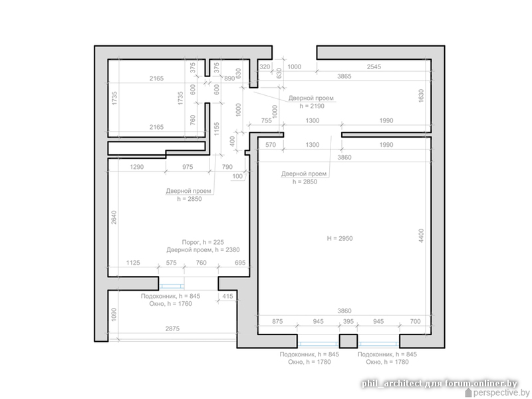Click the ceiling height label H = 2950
pyautogui.click(x=340, y=239)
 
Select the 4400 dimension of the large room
pyautogui.click(x=421, y=235)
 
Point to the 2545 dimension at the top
pyautogui.click(x=374, y=67)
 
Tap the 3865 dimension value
pyautogui.click(x=344, y=76)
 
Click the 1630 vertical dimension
pyautogui.click(x=421, y=96)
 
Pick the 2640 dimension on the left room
pyautogui.click(x=114, y=217)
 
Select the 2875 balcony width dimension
pyautogui.click(x=172, y=329)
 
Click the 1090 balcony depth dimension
pyautogui.click(x=114, y=315)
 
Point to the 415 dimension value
pyautogui.click(x=227, y=296)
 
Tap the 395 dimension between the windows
pyautogui.click(x=348, y=321)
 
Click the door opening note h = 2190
pyautogui.click(x=312, y=106)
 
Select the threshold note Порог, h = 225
pyautogui.click(x=203, y=242)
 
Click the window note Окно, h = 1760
pyautogui.click(x=171, y=304)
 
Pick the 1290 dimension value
pyautogui.click(x=137, y=167)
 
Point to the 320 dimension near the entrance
pyautogui.click(x=265, y=67)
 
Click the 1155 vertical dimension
pyautogui.click(x=217, y=129)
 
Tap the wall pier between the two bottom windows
pyautogui.click(x=348, y=341)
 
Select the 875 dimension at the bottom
pyautogui.click(x=277, y=321)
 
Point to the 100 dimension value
pyautogui.click(x=237, y=176)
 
